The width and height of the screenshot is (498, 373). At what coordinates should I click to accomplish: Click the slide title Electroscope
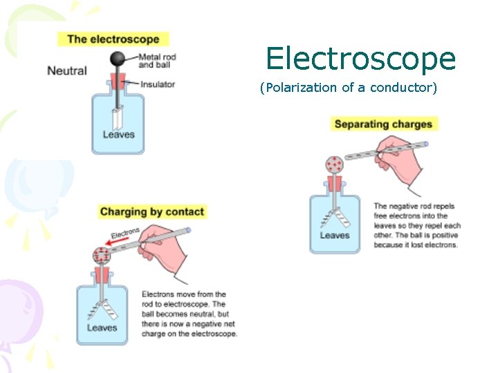tap(360, 59)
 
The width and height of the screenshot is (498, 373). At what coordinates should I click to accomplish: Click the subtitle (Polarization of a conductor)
tap(348, 88)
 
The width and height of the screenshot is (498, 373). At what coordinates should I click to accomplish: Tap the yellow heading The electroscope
tap(113, 39)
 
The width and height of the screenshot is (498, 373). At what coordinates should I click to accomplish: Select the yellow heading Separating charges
tap(383, 124)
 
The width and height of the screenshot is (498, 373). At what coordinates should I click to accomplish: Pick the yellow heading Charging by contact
tap(152, 211)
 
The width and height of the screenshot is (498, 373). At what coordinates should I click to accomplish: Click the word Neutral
tap(67, 70)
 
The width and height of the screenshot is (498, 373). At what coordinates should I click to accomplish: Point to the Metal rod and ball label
tap(157, 61)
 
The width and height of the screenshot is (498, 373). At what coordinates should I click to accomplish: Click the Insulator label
tap(158, 84)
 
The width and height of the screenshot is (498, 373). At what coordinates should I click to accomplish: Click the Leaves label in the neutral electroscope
tap(118, 134)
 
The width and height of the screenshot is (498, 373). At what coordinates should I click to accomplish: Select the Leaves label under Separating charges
tap(335, 236)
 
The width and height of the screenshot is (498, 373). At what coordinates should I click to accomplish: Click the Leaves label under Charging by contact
tap(102, 327)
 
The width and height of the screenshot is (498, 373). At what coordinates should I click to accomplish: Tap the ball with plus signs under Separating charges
tap(335, 165)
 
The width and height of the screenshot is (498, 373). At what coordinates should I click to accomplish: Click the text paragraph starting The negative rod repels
tap(416, 225)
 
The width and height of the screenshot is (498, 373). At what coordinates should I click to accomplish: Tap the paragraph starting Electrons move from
tap(189, 314)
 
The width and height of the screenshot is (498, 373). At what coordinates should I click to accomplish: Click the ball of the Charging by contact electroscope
tap(102, 256)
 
